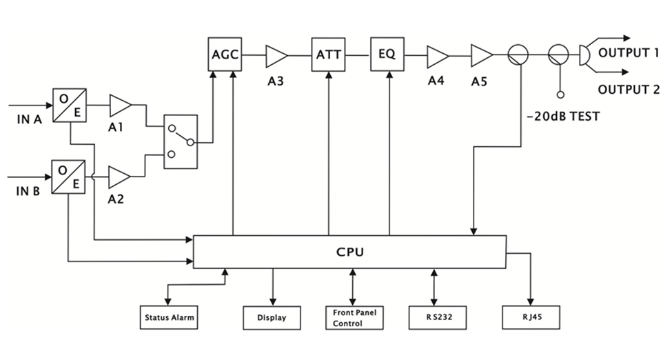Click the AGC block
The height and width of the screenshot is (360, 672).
click(225, 54)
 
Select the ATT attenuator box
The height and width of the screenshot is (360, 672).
click(328, 54)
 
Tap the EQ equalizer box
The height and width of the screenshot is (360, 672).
click(387, 54)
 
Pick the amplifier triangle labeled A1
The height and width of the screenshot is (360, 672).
click(120, 106)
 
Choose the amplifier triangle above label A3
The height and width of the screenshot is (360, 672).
click(276, 54)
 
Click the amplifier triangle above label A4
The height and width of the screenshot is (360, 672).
click(437, 54)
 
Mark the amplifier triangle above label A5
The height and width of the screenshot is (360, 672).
click(481, 54)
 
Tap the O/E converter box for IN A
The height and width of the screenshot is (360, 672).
click(69, 106)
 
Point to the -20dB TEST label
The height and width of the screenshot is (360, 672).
click(562, 117)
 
